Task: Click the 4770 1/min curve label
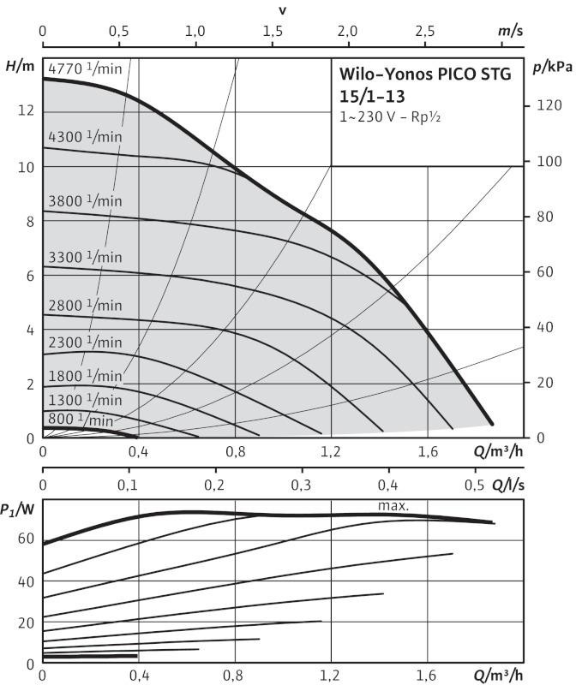86,68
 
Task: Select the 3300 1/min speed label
86,256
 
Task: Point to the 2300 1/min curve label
86,342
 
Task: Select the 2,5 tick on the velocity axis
424,31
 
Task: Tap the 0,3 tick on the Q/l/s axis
301,485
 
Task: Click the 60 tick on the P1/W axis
26,539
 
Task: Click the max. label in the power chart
393,506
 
